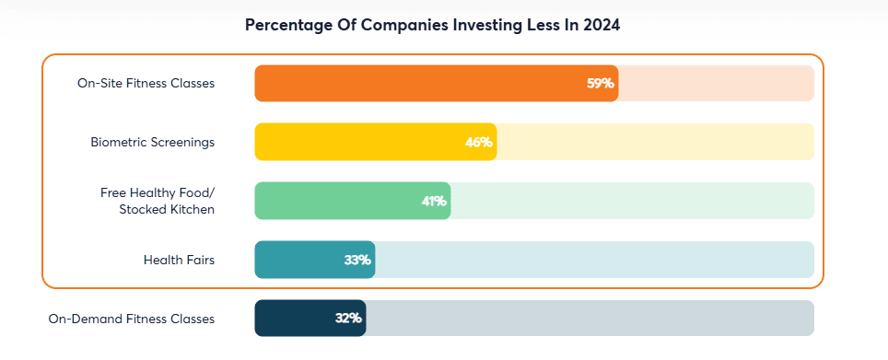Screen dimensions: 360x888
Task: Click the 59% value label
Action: pyautogui.click(x=600, y=83)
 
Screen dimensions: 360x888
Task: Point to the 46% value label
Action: pyautogui.click(x=479, y=142)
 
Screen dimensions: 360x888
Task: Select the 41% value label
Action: pyautogui.click(x=434, y=201)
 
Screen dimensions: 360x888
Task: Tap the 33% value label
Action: pyautogui.click(x=357, y=260)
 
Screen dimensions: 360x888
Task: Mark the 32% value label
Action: pyautogui.click(x=348, y=319)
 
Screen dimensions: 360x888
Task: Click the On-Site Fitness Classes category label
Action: pyautogui.click(x=146, y=83)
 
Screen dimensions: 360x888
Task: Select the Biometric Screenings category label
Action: pyautogui.click(x=152, y=142)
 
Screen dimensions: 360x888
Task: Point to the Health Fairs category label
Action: pyautogui.click(x=179, y=260)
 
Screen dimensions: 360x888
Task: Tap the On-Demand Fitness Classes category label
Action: pyautogui.click(x=131, y=319)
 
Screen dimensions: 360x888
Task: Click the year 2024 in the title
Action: pyautogui.click(x=600, y=26)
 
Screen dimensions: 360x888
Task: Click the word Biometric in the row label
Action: pyautogui.click(x=119, y=142)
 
